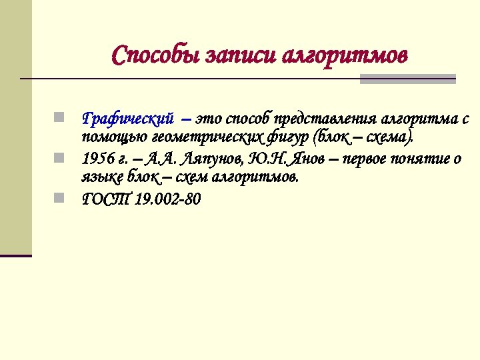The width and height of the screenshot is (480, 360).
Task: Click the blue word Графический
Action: [128, 119]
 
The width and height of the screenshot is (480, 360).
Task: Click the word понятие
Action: [417, 159]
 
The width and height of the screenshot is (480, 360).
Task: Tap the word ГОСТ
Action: [105, 199]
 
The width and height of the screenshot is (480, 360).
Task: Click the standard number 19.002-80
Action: [167, 199]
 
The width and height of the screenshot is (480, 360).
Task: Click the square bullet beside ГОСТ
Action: [59, 198]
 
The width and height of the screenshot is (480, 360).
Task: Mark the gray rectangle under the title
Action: [407, 79]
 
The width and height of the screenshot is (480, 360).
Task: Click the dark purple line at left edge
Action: [15, 255]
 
